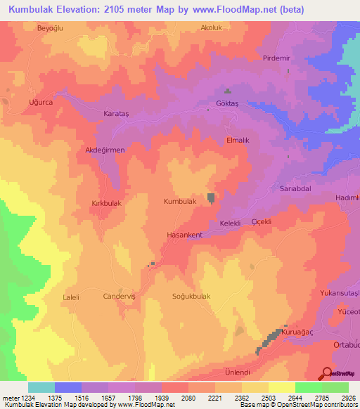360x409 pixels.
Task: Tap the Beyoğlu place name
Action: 50,28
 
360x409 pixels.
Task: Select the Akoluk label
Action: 212,28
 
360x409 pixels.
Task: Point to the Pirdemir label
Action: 276,58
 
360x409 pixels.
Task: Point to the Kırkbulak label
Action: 108,202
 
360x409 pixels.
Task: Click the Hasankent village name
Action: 185,234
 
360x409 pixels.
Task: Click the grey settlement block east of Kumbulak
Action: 211,199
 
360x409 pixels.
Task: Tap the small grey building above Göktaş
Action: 227,91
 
